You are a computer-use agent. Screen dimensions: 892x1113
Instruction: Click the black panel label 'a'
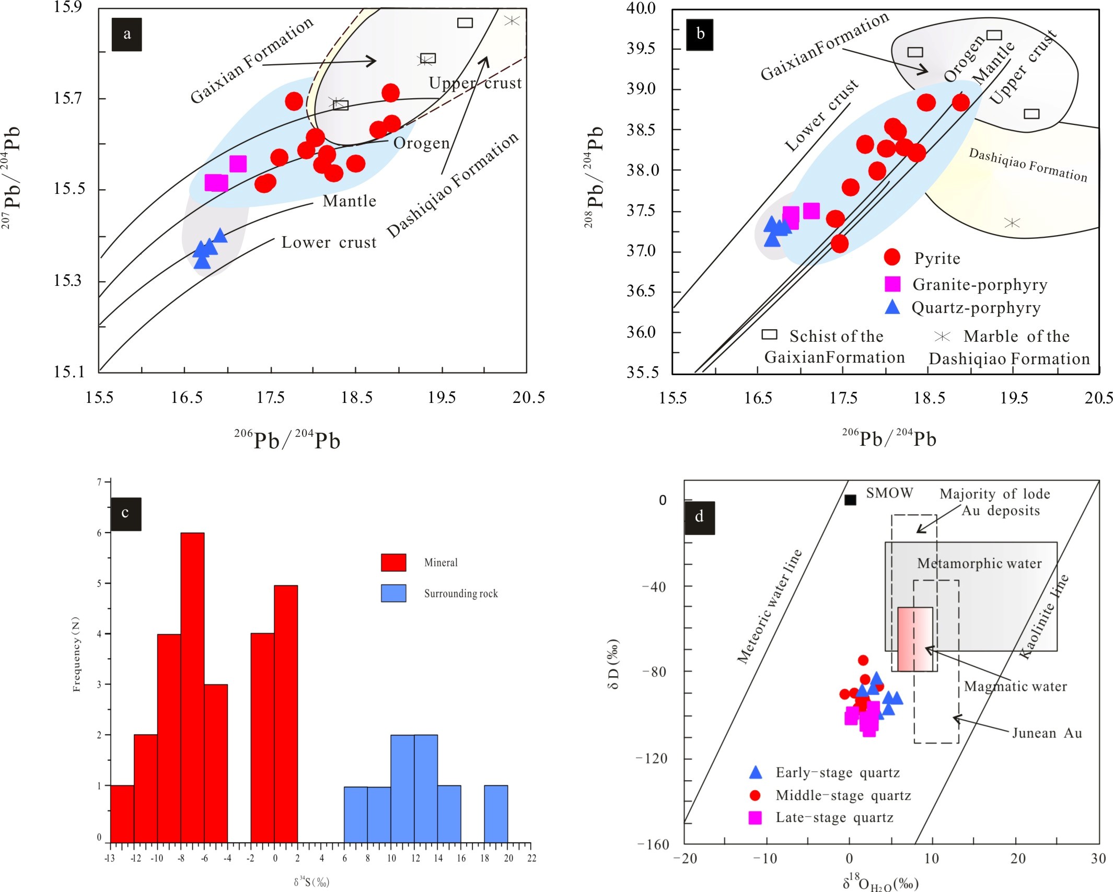[x=126, y=34]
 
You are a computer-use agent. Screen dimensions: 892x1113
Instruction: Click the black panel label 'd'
[x=699, y=517]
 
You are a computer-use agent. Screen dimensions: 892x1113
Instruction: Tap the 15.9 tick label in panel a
[x=68, y=7]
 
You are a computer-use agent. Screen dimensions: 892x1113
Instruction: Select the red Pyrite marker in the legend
[x=892, y=257]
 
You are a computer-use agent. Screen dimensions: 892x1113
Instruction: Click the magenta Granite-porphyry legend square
[x=892, y=284]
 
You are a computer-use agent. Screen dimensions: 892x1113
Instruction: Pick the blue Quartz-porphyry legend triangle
[x=892, y=307]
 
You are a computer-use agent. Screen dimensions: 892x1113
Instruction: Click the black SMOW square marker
[x=850, y=500]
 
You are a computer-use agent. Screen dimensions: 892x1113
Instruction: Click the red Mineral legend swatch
[x=393, y=562]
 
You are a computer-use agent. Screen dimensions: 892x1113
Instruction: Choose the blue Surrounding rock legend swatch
[x=393, y=593]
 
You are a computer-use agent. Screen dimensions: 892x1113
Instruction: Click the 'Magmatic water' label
[x=1015, y=686]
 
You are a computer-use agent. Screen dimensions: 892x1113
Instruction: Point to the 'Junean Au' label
[x=1047, y=733]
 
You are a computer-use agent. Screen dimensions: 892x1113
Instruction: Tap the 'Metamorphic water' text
[x=979, y=563]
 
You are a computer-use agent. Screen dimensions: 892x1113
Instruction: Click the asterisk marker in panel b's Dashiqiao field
[x=1012, y=223]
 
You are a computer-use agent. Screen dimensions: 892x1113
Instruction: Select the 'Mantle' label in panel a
[x=350, y=201]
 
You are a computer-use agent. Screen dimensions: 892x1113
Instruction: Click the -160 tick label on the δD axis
[x=653, y=844]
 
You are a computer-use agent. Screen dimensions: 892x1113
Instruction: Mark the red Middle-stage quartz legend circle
[x=755, y=795]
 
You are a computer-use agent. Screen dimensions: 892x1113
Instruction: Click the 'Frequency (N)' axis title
[x=77, y=654]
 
